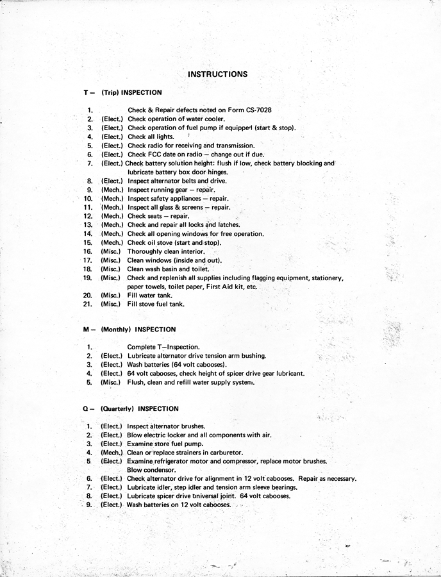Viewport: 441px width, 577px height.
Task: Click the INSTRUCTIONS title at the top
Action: coord(217,74)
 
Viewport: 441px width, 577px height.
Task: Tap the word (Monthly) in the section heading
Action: coord(115,330)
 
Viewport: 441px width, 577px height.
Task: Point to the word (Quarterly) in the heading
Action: coord(118,409)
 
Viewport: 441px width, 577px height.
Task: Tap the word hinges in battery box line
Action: coord(215,172)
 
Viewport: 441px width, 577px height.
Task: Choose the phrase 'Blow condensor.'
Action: coord(151,470)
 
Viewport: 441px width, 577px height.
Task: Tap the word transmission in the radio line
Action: coord(232,146)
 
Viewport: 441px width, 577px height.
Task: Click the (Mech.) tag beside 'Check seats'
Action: coord(112,216)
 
